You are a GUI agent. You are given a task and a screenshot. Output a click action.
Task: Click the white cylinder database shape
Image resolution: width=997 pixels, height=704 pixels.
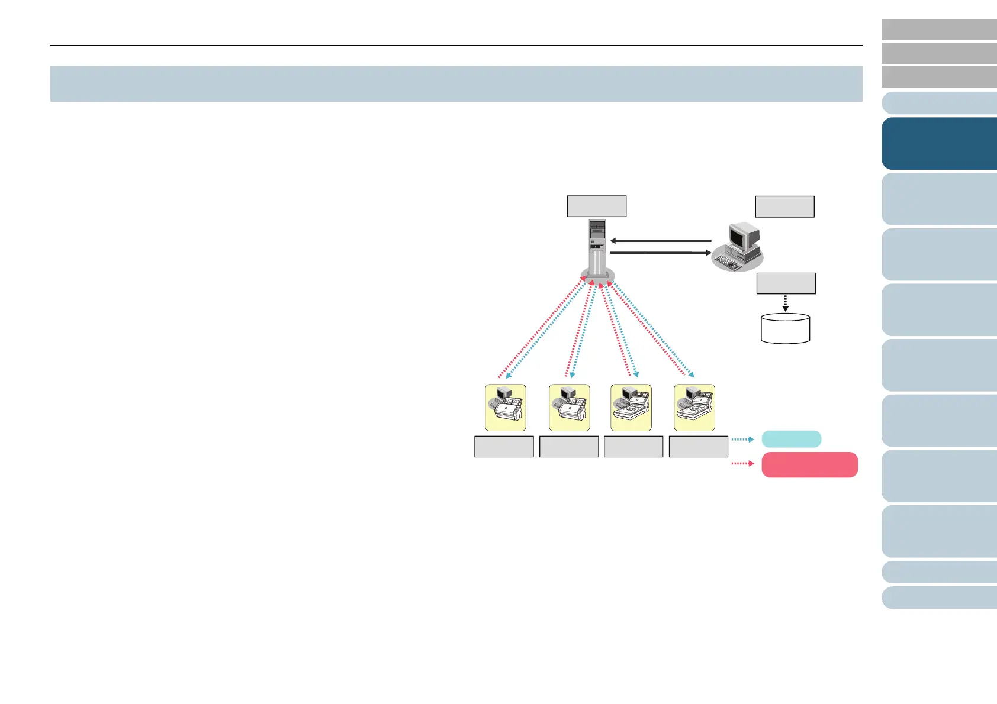coord(785,328)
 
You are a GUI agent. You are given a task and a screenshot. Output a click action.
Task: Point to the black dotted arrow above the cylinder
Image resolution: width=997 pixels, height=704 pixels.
coord(785,303)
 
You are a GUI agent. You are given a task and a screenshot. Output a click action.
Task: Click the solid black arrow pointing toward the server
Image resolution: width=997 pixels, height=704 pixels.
coord(660,241)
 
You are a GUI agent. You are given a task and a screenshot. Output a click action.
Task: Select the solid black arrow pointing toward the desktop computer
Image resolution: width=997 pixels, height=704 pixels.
coord(660,253)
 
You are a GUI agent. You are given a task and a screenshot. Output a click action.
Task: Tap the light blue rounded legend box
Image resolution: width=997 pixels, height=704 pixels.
coord(791,439)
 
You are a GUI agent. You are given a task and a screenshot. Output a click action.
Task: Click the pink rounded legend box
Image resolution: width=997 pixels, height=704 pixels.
coord(809,464)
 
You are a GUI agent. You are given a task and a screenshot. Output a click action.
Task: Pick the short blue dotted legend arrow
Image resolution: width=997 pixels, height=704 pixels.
coord(742,440)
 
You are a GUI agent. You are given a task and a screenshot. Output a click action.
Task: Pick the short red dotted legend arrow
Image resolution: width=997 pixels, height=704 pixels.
coord(742,463)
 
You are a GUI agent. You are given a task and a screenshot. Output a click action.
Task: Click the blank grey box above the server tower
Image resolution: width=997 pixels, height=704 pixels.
coord(597,206)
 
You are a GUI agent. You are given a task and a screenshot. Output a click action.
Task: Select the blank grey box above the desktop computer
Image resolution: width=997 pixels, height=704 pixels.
coord(784,206)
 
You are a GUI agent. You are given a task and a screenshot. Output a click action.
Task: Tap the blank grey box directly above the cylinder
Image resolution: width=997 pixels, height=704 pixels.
coord(786,283)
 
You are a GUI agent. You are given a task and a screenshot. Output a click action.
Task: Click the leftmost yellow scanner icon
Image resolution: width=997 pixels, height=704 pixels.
coord(506,408)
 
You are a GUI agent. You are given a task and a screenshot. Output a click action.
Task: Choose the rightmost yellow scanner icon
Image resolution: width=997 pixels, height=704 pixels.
coord(694,408)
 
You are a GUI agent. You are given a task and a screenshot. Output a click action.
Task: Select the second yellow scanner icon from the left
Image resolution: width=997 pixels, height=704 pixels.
coord(570,408)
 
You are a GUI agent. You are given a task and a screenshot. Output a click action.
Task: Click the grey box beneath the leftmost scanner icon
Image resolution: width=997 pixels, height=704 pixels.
coord(504,447)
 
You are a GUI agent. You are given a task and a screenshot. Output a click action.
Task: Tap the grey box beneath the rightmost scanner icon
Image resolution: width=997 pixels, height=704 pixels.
coord(698,447)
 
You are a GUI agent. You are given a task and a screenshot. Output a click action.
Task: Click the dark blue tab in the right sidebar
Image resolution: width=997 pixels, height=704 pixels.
coord(939,144)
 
